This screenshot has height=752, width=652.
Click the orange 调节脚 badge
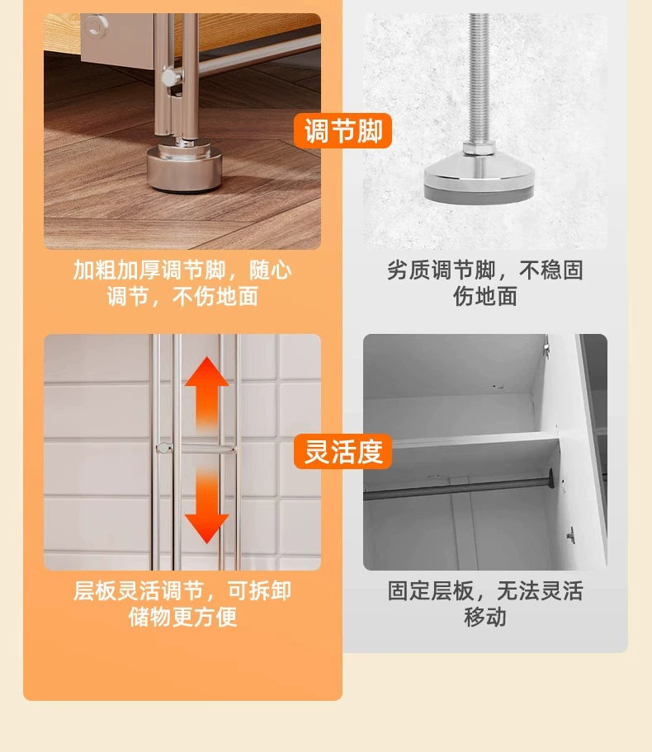(343, 131)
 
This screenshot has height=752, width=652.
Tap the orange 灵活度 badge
(343, 451)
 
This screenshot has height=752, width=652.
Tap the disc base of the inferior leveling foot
(477, 181)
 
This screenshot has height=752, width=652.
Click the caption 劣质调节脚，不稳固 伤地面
(485, 283)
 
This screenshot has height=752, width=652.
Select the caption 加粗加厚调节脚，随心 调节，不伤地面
(182, 283)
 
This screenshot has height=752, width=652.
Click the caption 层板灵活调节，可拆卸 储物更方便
(182, 604)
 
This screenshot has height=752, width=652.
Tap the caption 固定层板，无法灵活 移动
(485, 604)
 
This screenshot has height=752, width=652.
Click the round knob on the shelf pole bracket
(163, 448)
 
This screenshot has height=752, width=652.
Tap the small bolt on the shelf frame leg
(170, 78)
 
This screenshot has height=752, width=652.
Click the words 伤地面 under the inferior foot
(485, 297)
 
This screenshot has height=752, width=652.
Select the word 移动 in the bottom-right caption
(485, 618)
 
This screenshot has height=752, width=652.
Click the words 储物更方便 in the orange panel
(182, 618)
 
